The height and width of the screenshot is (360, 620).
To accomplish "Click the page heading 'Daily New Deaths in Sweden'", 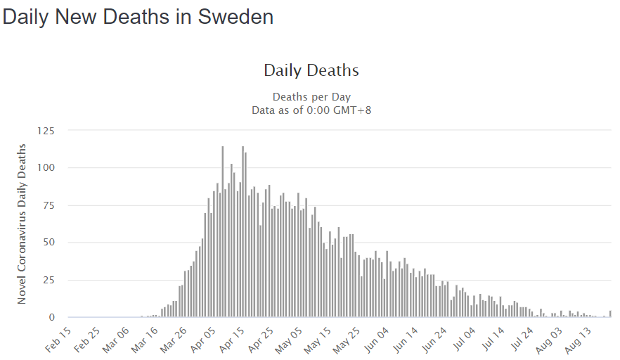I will point(138,17).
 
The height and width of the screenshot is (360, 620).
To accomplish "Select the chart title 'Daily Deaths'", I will point(311,70).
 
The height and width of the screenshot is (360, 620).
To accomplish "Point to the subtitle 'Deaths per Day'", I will point(311,96).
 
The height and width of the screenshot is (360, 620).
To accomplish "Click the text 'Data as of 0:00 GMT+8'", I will point(311,110).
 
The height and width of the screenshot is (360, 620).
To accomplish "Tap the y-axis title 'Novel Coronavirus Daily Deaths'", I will point(22,224).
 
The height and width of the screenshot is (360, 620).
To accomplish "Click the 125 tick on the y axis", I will point(46,131).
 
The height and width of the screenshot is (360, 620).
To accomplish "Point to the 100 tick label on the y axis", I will point(46,168).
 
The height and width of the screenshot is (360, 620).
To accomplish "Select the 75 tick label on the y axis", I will point(49,205).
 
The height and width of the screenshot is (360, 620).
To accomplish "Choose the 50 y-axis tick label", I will point(49,243).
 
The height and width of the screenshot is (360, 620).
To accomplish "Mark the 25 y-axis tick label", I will point(49,280).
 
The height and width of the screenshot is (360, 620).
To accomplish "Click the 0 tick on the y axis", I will point(52,318).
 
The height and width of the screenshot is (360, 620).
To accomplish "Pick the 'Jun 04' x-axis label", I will point(375,337).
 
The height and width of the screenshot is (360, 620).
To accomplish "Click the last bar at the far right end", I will point(610,314).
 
